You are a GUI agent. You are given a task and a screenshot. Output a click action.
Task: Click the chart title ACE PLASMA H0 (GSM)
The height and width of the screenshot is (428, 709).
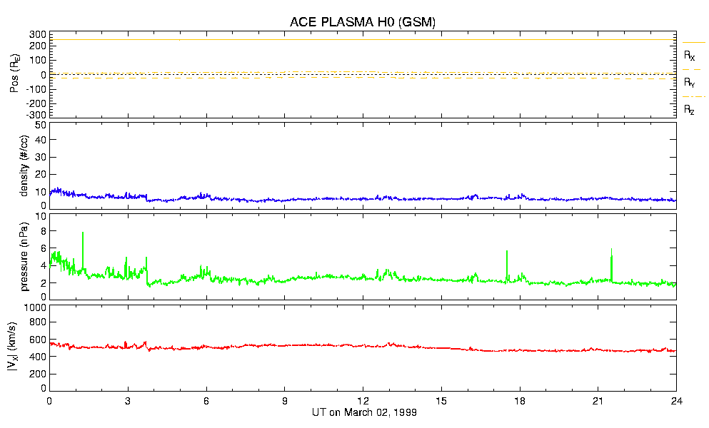(362, 22)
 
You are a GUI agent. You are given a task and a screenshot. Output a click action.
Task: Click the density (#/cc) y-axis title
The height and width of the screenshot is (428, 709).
(26, 165)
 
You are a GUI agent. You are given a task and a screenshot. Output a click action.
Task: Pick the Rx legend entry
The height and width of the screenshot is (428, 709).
(689, 54)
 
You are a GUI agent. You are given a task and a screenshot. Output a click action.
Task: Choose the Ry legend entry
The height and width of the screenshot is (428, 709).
(689, 83)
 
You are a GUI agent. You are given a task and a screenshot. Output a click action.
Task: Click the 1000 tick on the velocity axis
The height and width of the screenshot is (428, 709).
(33, 307)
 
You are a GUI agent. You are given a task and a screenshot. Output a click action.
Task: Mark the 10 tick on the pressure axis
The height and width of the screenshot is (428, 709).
(41, 215)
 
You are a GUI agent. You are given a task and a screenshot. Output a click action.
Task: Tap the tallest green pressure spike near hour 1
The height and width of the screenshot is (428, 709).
(83, 233)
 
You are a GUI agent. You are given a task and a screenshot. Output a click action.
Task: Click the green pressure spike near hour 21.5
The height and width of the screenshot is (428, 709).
(612, 250)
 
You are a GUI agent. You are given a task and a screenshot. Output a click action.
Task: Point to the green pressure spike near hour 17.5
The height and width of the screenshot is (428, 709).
(507, 252)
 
